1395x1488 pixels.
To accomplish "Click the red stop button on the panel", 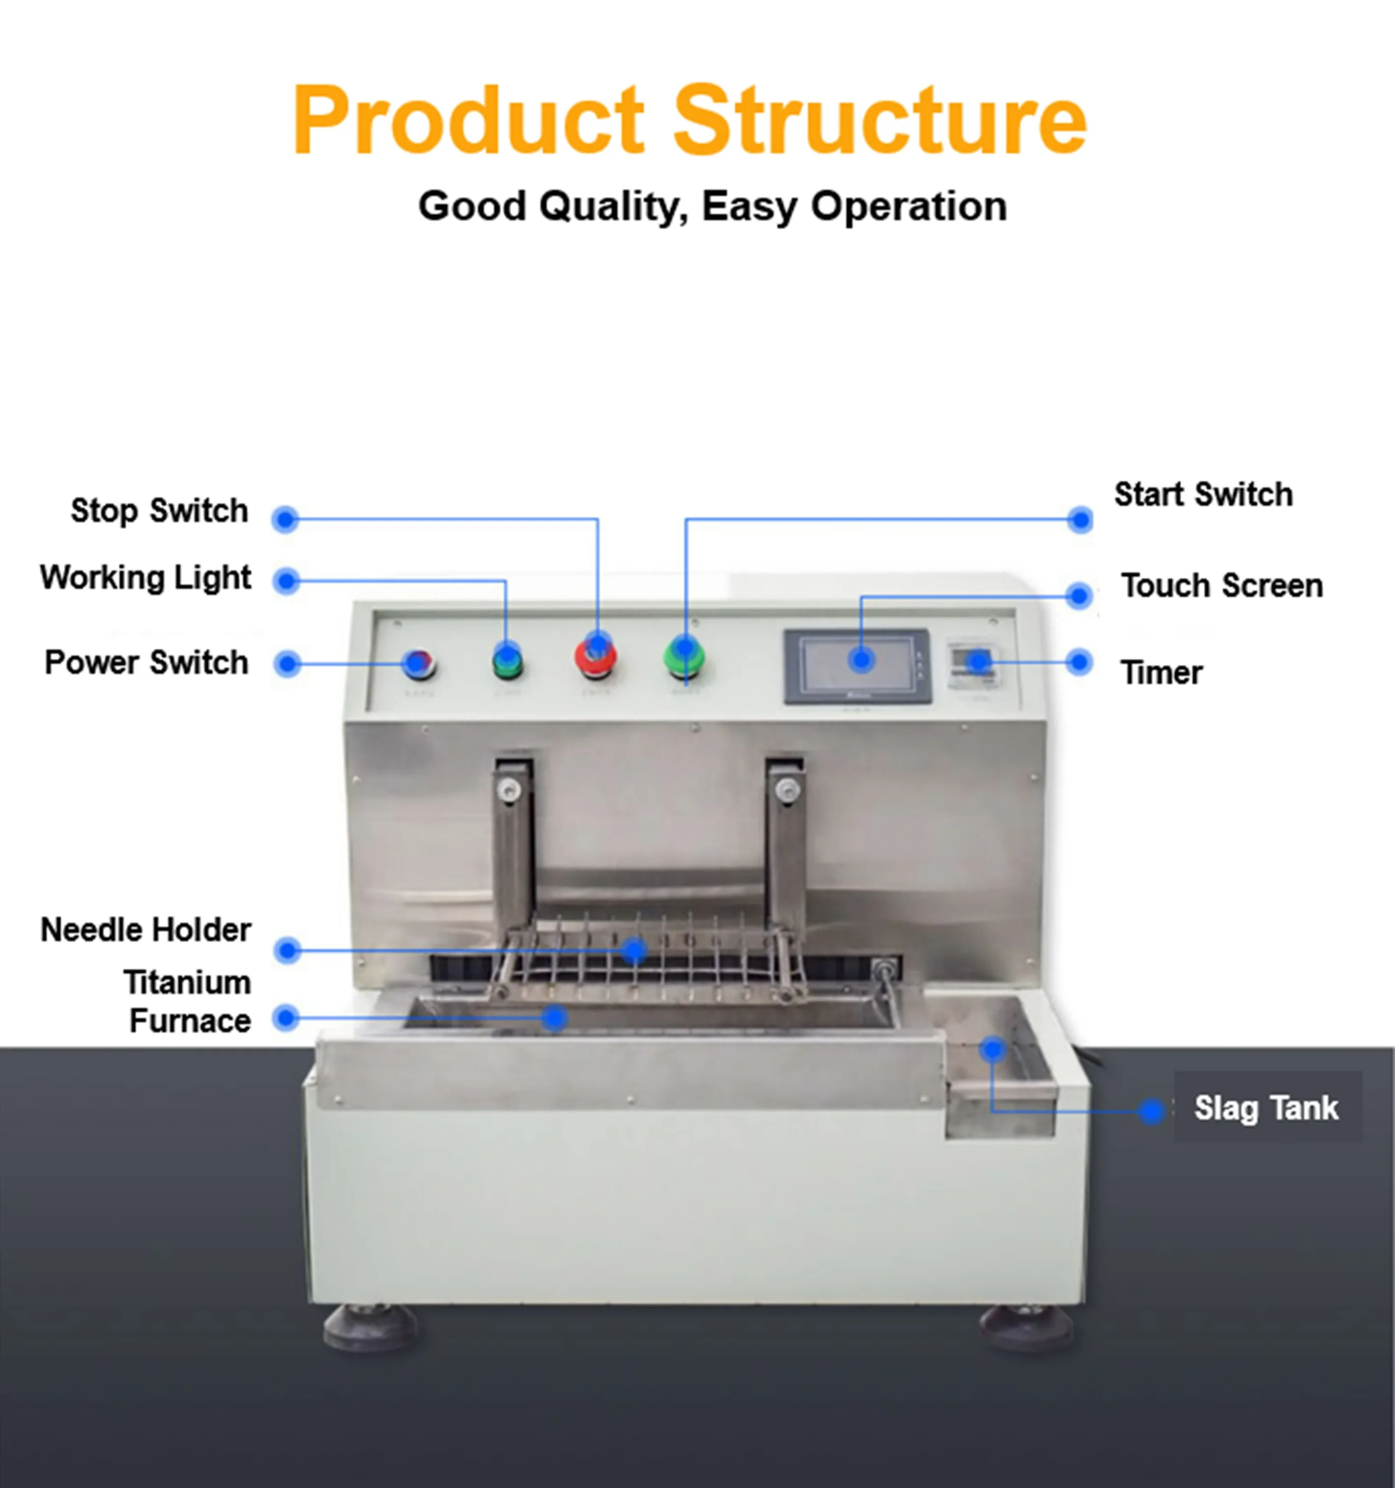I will tap(596, 656).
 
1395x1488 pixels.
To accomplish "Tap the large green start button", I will tap(683, 656).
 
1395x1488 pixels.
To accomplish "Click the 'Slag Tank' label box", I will tap(1266, 1108).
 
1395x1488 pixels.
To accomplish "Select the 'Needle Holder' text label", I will tap(146, 930).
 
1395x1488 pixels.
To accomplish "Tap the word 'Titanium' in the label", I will tap(187, 982).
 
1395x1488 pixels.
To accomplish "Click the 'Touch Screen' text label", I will tap(1221, 586).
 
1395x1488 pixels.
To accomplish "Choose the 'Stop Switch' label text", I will tap(159, 510).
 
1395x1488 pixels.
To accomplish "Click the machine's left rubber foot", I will tap(370, 1326).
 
